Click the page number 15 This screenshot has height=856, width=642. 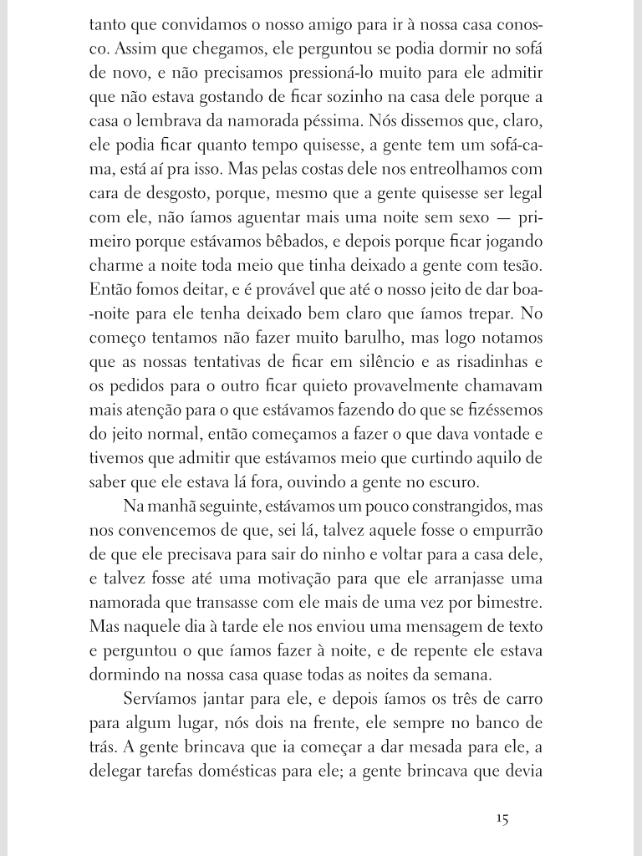tap(502, 819)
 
